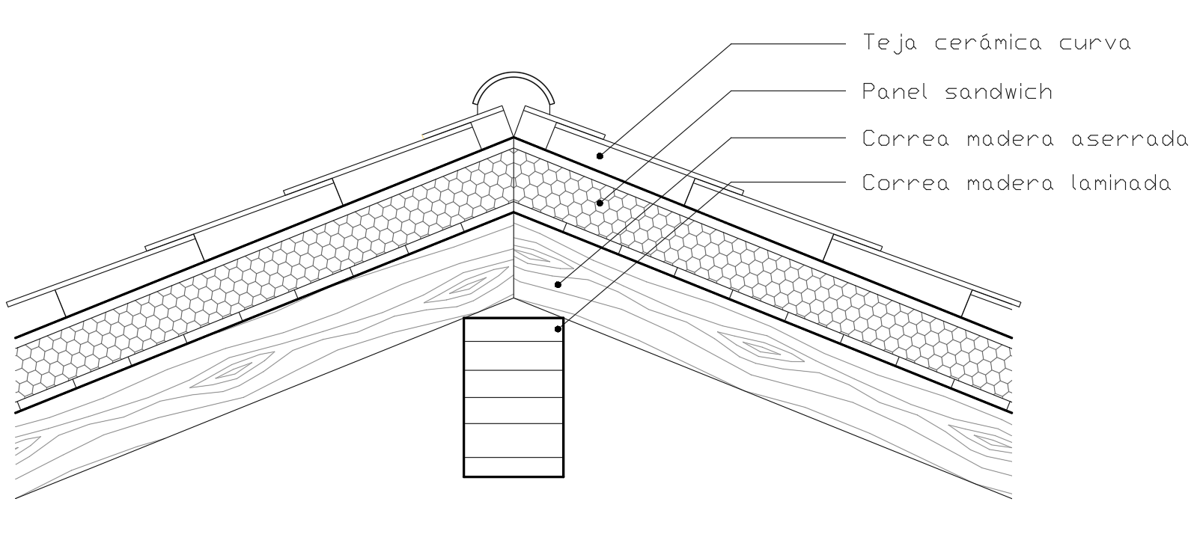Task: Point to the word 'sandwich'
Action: [999, 92]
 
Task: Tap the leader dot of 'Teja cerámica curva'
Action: [600, 156]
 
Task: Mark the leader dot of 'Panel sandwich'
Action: [600, 203]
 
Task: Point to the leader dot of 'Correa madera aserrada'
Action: [558, 283]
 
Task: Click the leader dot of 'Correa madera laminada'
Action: [558, 328]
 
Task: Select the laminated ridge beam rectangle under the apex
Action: [513, 396]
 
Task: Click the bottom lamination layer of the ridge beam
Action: [513, 467]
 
